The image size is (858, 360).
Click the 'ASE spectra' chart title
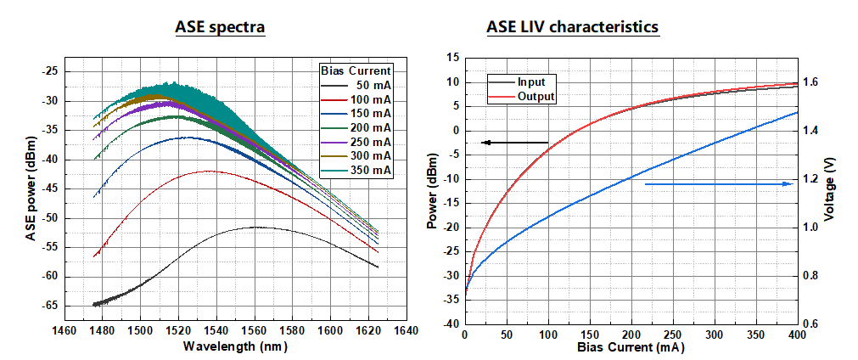tap(220, 27)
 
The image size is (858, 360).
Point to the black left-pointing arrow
tap(514, 143)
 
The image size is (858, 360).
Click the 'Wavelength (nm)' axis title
tap(235, 346)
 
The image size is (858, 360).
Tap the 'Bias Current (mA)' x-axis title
tap(630, 347)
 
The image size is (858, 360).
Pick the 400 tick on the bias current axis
tap(797, 335)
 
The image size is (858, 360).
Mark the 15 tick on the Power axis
tap(452, 58)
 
